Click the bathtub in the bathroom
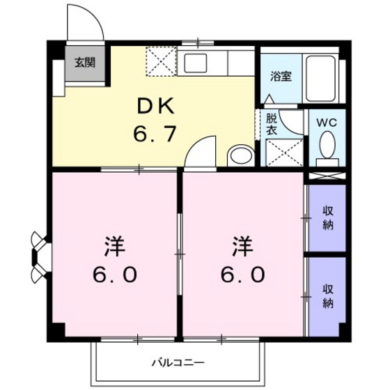coord(322,77)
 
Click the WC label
coord(327,121)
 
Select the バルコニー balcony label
coord(178,363)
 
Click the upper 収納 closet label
coord(328,217)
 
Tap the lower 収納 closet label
coord(328,296)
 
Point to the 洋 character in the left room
coord(114,247)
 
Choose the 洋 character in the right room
coord(242,247)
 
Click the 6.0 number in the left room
coord(114,274)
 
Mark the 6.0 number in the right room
coord(242,274)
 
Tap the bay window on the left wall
coord(39,255)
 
